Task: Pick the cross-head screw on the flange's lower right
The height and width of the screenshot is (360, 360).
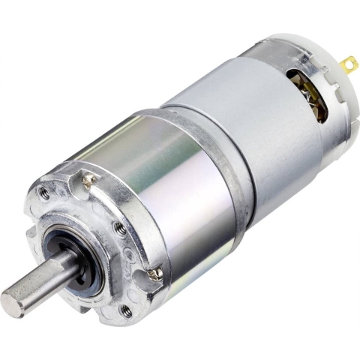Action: (x=155, y=275)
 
